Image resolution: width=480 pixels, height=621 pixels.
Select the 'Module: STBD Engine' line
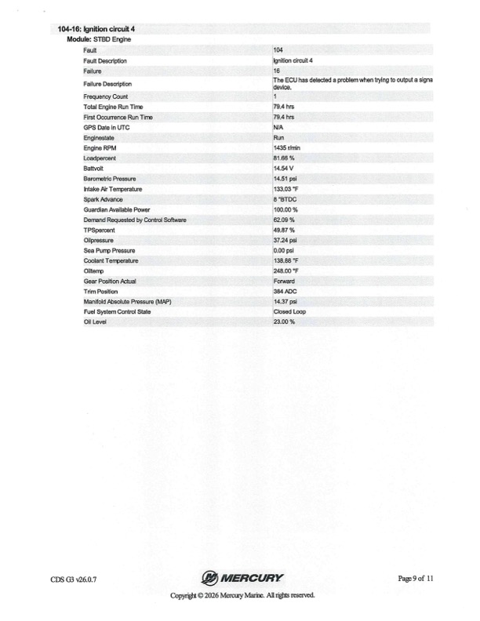97,38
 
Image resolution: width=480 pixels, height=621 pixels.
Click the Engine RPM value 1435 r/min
285,147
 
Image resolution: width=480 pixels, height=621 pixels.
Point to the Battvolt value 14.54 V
282,168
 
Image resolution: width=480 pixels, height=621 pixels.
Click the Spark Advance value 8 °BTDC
283,199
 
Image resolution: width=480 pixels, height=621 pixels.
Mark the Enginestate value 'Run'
278,137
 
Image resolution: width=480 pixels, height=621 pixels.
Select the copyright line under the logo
242,596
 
